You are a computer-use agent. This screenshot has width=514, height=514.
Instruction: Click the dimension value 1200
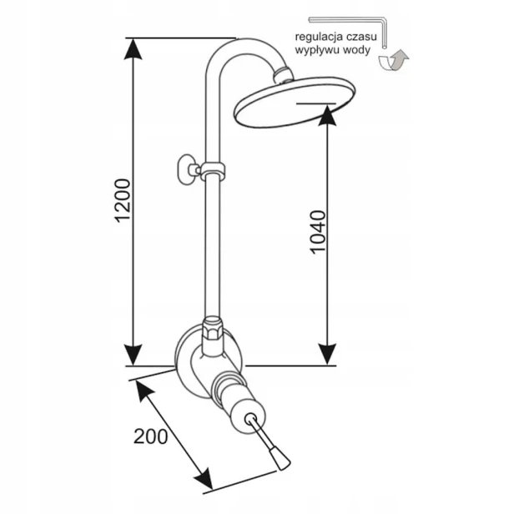[x=123, y=200]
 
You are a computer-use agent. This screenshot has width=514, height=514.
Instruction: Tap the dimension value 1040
[x=318, y=232]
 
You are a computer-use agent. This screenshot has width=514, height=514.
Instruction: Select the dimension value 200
[x=151, y=436]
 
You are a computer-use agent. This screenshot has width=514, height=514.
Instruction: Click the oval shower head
[x=295, y=102]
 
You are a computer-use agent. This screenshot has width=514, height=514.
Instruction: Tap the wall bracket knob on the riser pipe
[x=187, y=169]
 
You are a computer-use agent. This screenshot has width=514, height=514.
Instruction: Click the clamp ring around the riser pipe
[x=213, y=169]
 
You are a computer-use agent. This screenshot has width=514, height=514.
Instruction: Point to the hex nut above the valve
[x=213, y=329]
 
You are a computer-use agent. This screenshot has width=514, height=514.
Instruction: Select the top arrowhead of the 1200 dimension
[x=133, y=49]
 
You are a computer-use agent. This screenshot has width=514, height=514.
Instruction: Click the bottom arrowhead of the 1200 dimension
[x=133, y=355]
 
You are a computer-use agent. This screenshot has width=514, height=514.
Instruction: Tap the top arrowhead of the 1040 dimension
[x=327, y=115]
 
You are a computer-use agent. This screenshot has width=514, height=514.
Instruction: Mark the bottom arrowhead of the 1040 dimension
[x=327, y=355]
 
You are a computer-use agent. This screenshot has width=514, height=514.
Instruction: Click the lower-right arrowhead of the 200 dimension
[x=204, y=480]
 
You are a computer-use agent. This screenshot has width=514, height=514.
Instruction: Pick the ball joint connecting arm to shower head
[x=283, y=74]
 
